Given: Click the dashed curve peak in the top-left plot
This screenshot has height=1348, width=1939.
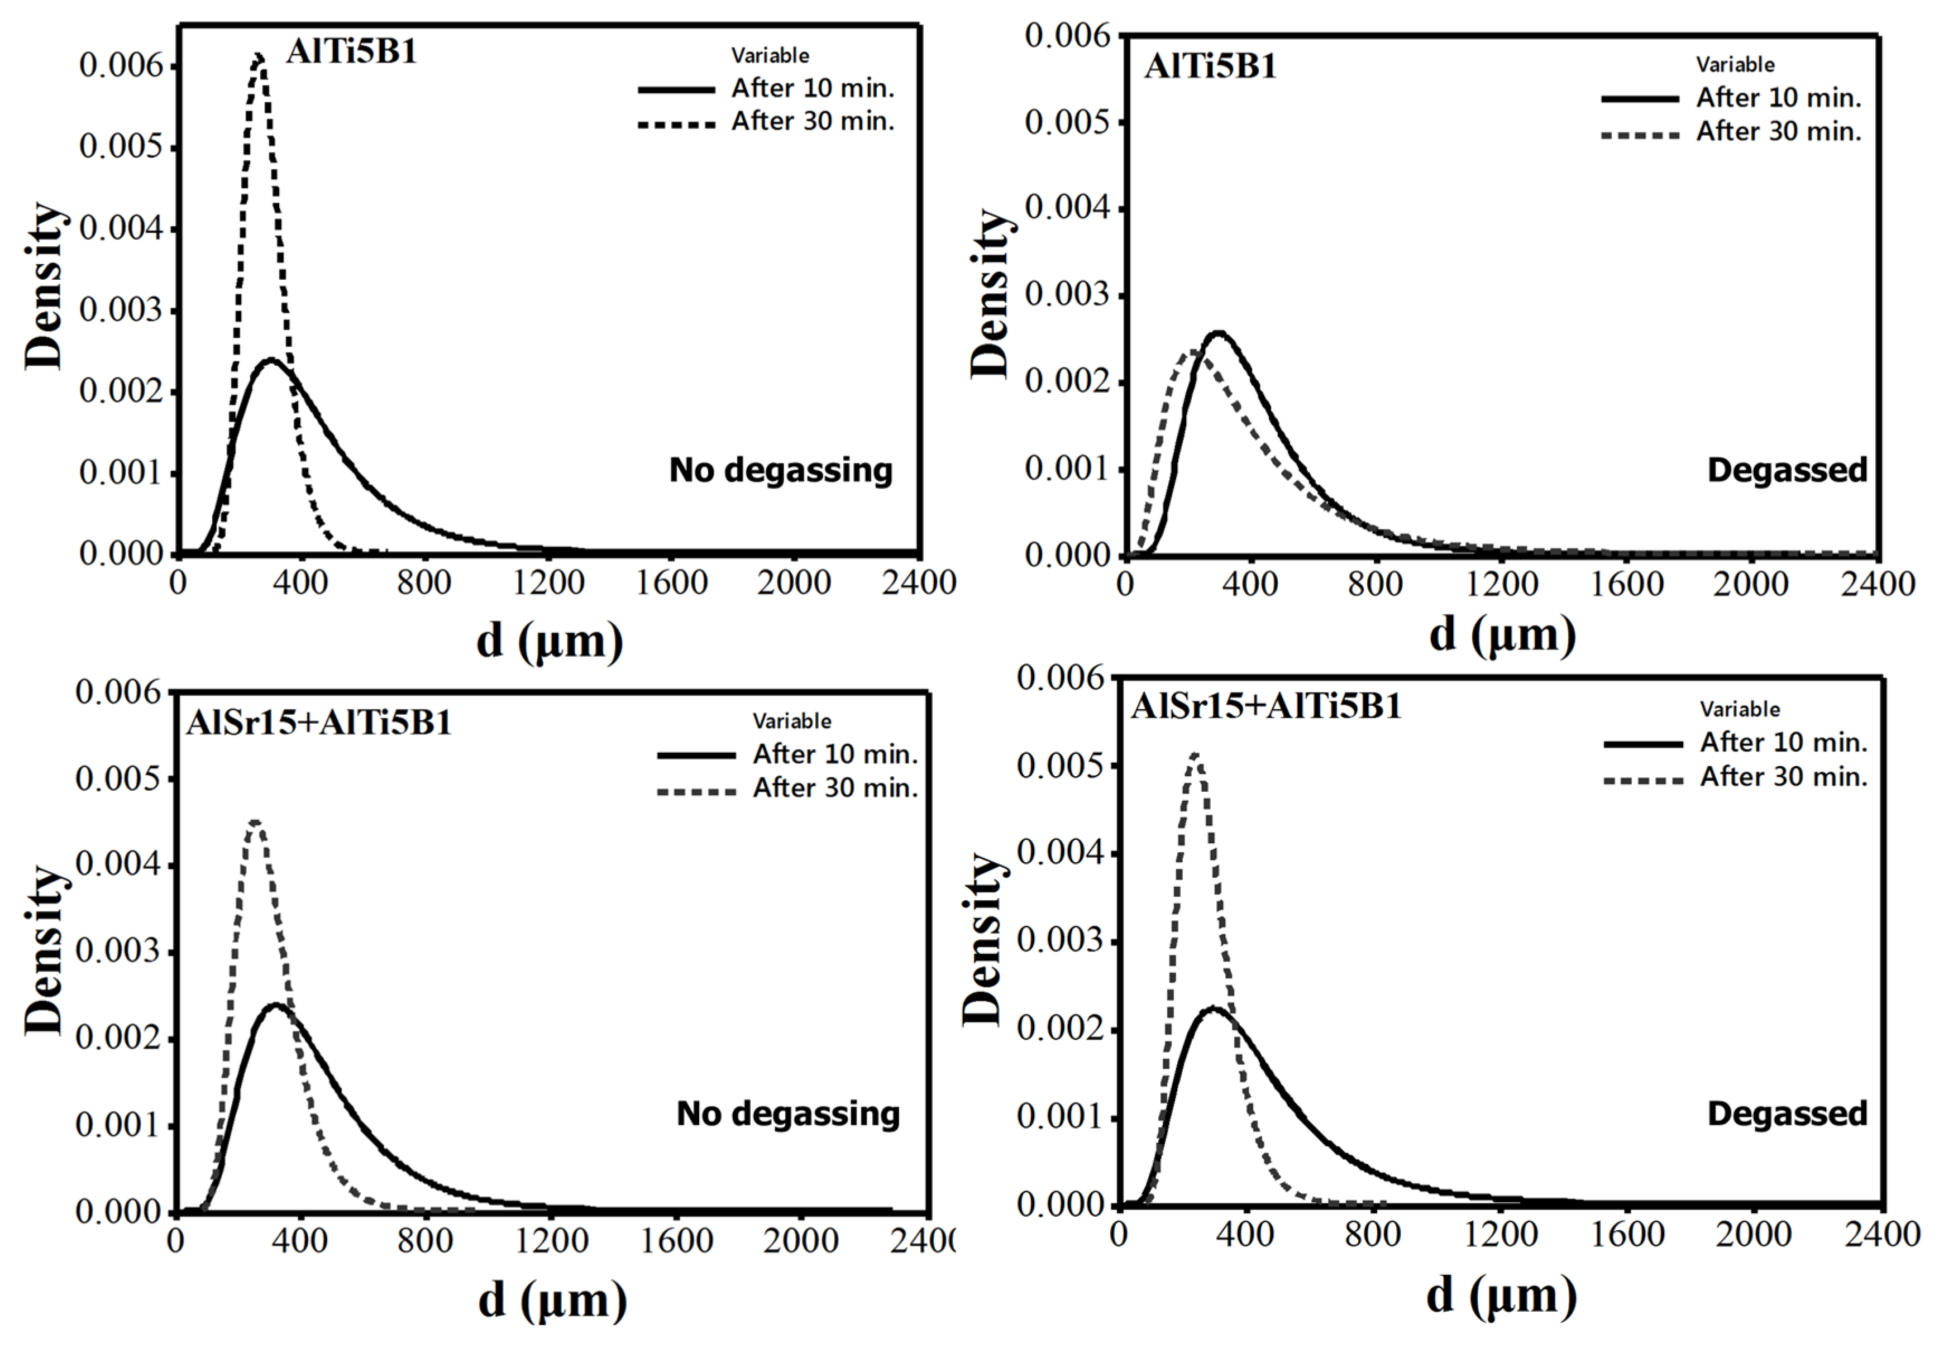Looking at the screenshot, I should pyautogui.click(x=259, y=56).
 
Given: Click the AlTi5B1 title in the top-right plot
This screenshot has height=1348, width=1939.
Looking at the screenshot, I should pyautogui.click(x=1210, y=66).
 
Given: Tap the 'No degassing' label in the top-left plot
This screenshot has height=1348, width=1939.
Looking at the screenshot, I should pyautogui.click(x=780, y=470).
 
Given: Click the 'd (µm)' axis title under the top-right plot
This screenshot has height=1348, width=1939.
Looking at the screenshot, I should pyautogui.click(x=1502, y=634).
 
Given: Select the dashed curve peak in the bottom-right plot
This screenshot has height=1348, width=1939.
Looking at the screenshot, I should pyautogui.click(x=1194, y=754).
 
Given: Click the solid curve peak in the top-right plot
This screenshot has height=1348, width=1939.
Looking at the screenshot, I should pyautogui.click(x=1218, y=333).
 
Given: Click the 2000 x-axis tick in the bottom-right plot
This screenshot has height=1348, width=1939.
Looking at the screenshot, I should pyautogui.click(x=1752, y=1234).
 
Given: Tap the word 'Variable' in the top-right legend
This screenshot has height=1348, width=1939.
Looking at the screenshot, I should pyautogui.click(x=1735, y=65).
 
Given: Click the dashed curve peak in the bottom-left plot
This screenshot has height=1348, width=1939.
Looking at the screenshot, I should pyautogui.click(x=255, y=821).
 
